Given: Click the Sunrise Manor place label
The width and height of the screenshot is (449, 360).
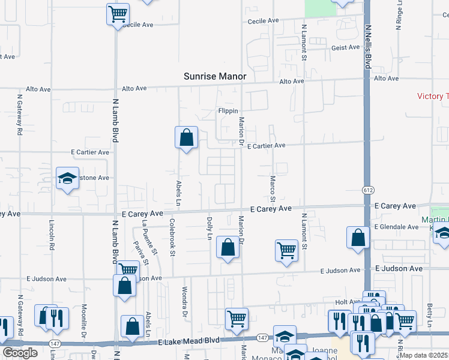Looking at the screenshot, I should [215, 77].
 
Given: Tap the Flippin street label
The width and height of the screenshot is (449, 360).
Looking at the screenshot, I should [228, 112].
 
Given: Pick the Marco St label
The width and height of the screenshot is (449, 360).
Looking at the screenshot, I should [273, 188].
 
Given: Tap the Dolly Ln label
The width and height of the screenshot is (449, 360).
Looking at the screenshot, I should [209, 228].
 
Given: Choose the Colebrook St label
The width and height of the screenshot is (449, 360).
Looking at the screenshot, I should [172, 238].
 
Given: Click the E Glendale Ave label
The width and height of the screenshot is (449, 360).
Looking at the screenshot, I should [396, 227].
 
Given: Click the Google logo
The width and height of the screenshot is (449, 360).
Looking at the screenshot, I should [20, 353].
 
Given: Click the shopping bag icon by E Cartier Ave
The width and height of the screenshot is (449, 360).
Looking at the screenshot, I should [187, 137].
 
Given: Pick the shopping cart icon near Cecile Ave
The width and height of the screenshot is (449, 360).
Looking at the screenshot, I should [118, 14].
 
